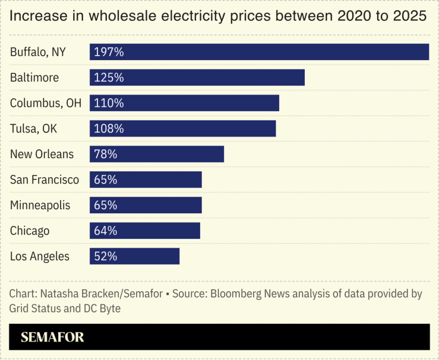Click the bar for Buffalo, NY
tap(259, 52)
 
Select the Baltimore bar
tap(197, 78)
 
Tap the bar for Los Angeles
tap(134, 257)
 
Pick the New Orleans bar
tap(157, 154)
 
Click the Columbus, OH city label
tap(46, 103)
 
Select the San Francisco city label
tap(45, 180)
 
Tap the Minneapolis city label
tap(40, 206)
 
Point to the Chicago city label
tap(30, 231)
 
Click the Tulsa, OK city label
tap(34, 129)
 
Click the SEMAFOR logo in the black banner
tap(52, 337)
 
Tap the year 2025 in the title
tap(410, 17)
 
